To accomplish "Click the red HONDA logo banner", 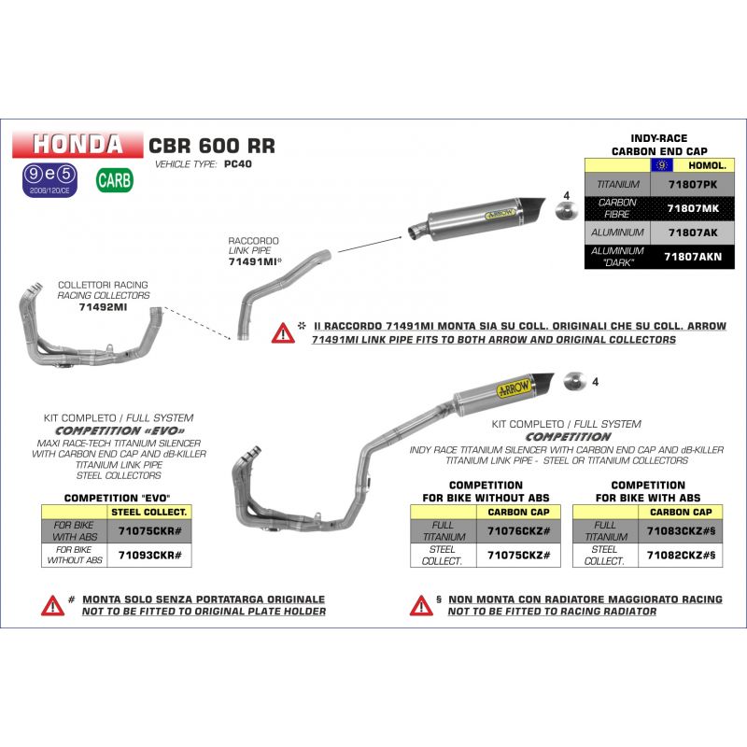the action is point(78,144).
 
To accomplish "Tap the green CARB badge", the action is point(114,180).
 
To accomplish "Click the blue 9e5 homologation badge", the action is point(49,180).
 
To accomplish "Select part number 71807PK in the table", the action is point(692,184).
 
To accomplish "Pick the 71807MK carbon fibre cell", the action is point(693,208).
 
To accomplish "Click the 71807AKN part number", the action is point(693,257).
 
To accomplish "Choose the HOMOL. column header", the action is point(707,165).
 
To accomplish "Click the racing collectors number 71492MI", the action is point(103,307).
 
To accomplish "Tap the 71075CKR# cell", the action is point(149,530).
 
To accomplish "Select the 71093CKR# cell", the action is point(149,555).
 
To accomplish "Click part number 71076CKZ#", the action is point(518,530).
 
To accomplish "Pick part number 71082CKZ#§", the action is point(681,555).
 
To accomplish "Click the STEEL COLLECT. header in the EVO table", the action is point(149,512).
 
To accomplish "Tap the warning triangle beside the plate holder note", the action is point(52,605).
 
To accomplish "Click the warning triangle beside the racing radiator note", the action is point(421,605).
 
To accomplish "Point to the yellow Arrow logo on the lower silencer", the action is point(514,388).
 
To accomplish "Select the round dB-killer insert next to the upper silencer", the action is point(567,211).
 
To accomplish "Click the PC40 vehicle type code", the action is point(238,164).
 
